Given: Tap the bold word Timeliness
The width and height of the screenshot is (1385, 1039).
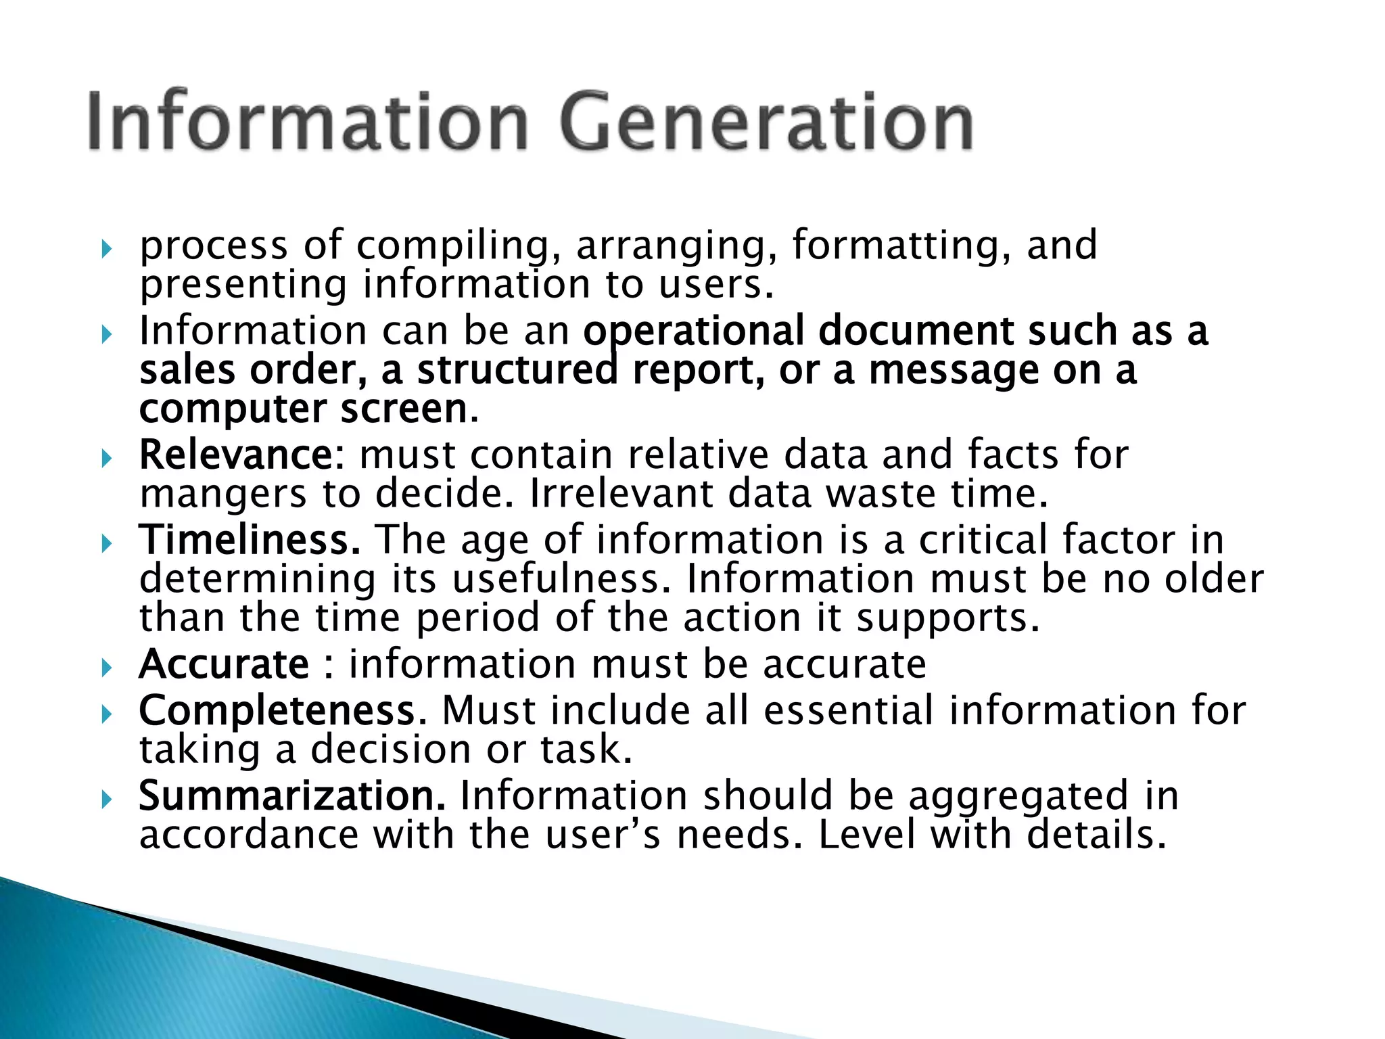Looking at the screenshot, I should pyautogui.click(x=250, y=540).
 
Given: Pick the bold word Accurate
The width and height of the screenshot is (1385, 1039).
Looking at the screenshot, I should pyautogui.click(x=224, y=664).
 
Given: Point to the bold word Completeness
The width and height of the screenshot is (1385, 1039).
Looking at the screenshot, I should pyautogui.click(x=277, y=710).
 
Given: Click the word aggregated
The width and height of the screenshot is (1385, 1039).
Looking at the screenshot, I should pyautogui.click(x=1018, y=795).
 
